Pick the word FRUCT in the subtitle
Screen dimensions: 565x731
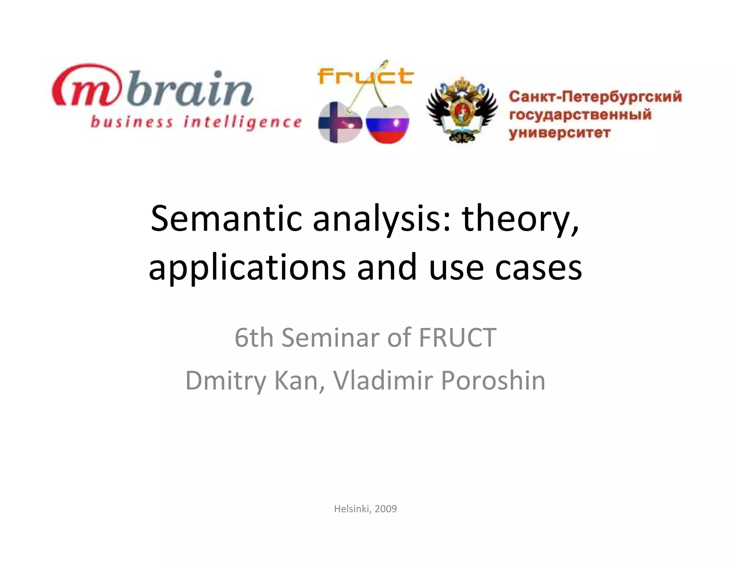pos(457,337)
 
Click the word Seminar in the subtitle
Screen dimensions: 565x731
pos(331,337)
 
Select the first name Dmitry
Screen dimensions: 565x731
pos(226,380)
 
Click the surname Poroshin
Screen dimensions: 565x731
pos(493,380)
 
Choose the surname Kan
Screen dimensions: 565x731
pos(299,380)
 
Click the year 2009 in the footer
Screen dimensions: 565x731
pos(385,509)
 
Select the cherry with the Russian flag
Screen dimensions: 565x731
pos(388,125)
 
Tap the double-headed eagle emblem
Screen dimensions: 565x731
pos(462,110)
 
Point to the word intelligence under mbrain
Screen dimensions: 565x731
pos(242,122)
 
